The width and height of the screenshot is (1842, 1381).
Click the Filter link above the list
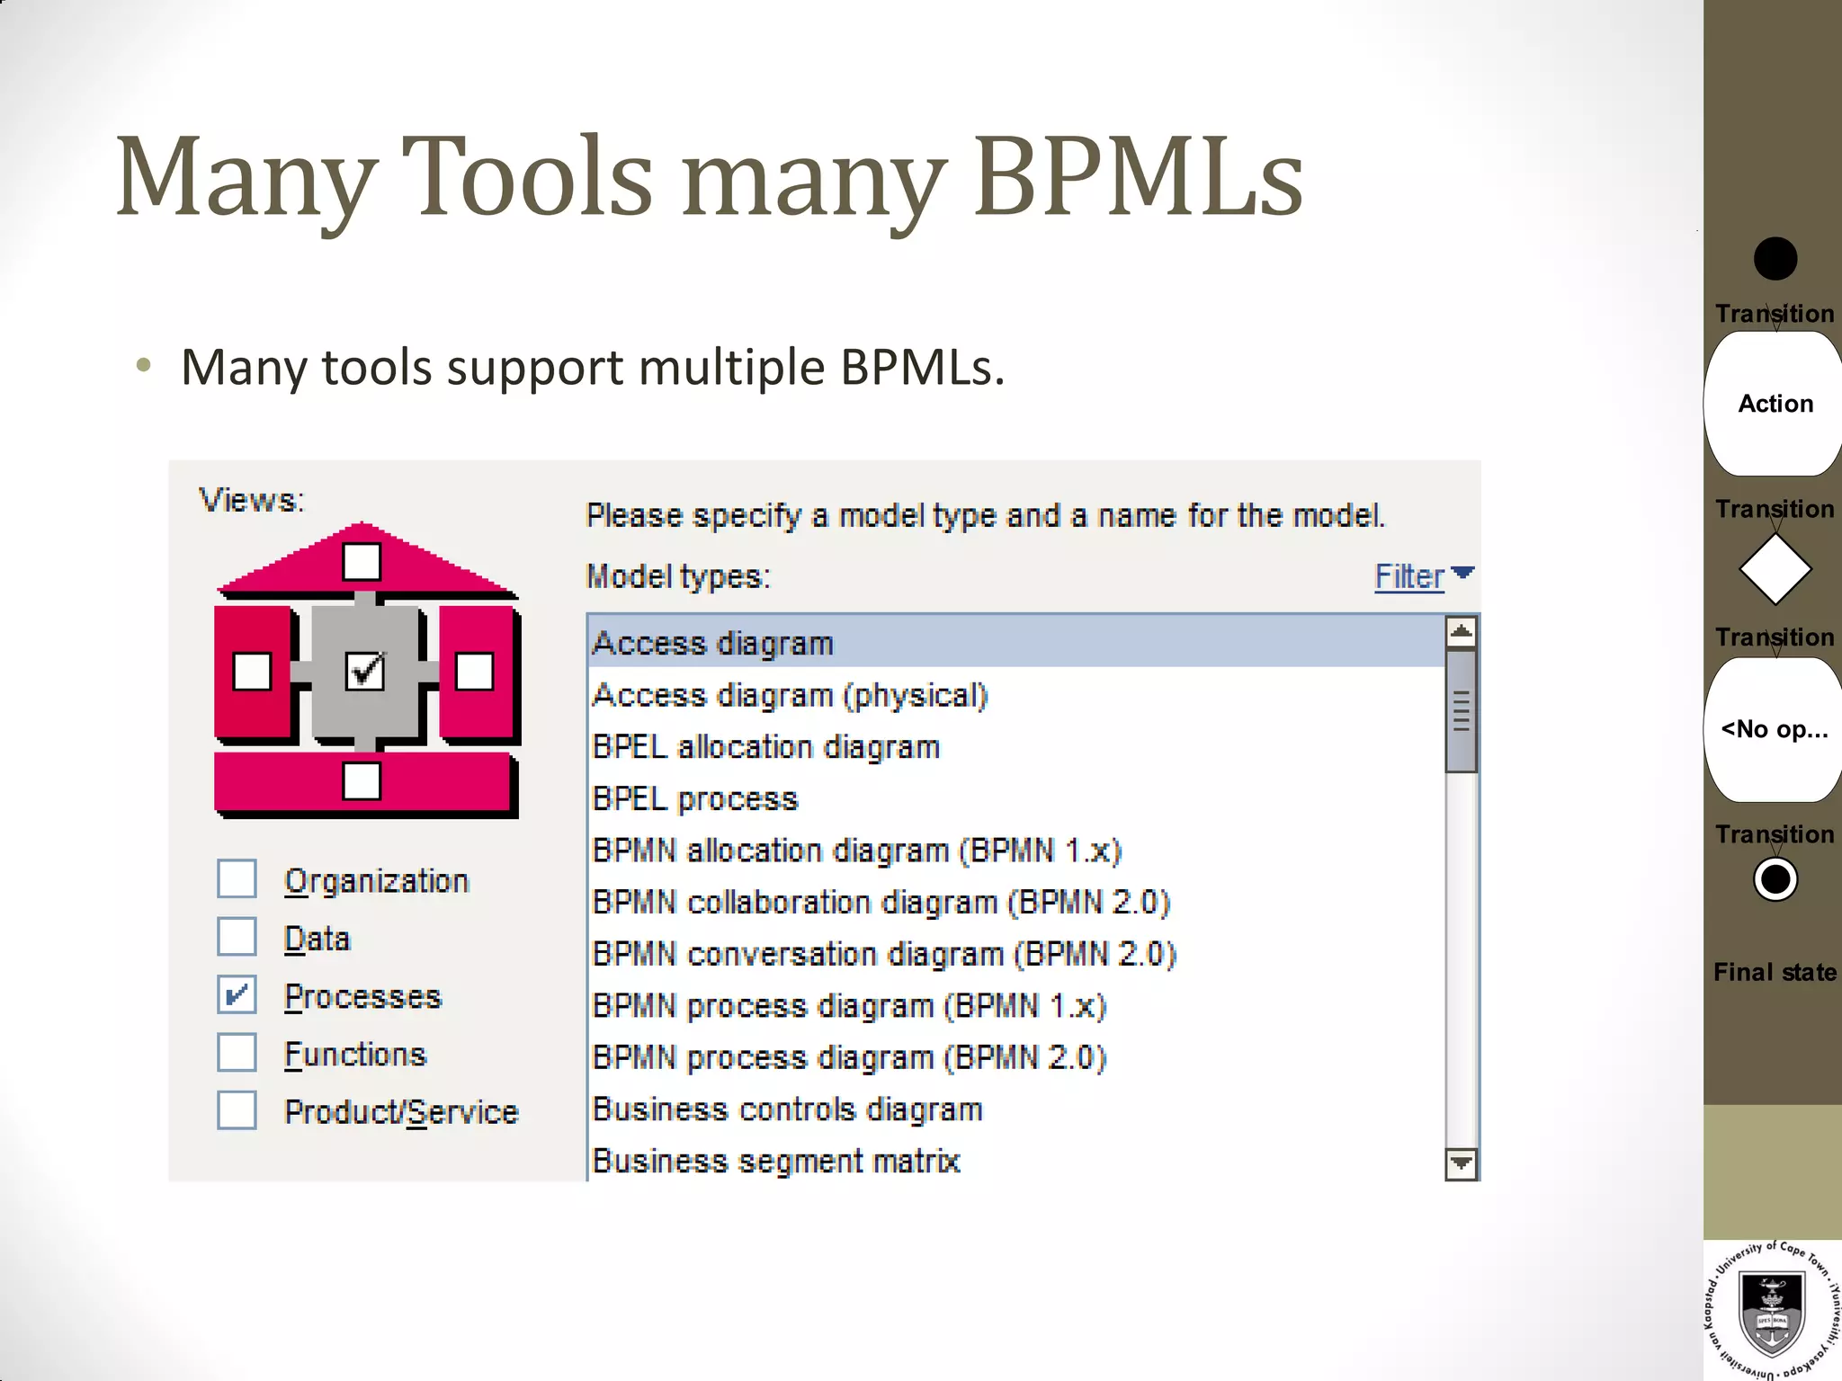pos(1410,577)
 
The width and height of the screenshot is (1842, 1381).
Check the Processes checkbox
pos(237,995)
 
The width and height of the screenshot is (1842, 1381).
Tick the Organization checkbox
pos(237,879)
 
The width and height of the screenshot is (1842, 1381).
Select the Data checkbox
pos(237,937)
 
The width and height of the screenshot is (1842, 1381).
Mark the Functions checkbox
pos(237,1053)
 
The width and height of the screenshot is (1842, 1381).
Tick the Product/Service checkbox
pos(237,1110)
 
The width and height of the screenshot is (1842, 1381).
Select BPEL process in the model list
pos(695,799)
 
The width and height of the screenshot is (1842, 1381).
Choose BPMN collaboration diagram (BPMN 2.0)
pos(881,903)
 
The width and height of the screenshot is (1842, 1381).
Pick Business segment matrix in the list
pos(776,1161)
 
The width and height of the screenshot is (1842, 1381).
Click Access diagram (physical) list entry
pos(790,696)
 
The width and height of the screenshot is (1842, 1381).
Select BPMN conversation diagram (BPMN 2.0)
pos(884,954)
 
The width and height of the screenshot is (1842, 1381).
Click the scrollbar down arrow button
pos(1462,1163)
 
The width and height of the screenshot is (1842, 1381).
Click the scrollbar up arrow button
pos(1462,632)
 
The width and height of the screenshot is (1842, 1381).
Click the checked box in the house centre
pos(364,671)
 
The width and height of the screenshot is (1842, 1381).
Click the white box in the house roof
pos(362,562)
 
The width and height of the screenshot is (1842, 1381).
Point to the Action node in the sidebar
pos(1775,404)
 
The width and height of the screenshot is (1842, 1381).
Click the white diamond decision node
pos(1775,569)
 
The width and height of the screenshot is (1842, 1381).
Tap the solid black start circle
pos(1775,259)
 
